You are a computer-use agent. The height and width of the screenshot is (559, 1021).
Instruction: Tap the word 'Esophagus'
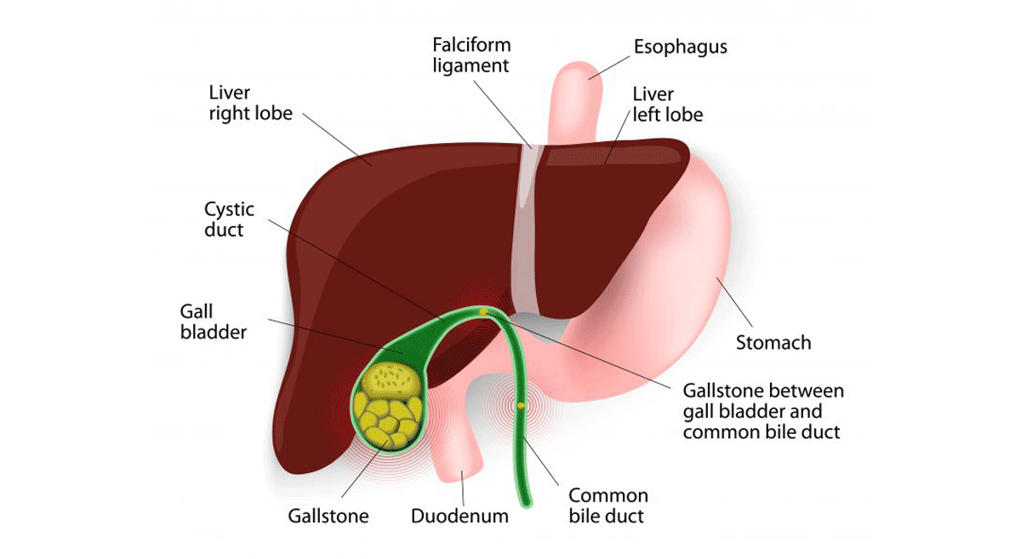pyautogui.click(x=681, y=47)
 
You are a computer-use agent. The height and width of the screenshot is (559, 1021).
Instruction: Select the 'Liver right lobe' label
pyautogui.click(x=251, y=102)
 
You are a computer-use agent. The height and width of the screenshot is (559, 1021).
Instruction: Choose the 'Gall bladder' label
pyautogui.click(x=213, y=321)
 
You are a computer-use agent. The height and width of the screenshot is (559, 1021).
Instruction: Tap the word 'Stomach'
pyautogui.click(x=773, y=343)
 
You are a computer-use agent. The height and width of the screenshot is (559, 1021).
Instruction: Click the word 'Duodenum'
pyautogui.click(x=459, y=516)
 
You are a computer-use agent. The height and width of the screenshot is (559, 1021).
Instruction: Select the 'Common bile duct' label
pyautogui.click(x=607, y=505)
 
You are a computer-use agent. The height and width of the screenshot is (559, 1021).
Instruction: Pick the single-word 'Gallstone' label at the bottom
pyautogui.click(x=328, y=516)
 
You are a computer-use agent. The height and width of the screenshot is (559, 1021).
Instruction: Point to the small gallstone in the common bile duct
pyautogui.click(x=521, y=407)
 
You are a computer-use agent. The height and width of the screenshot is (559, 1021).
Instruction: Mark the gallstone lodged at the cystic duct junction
pyautogui.click(x=483, y=311)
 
